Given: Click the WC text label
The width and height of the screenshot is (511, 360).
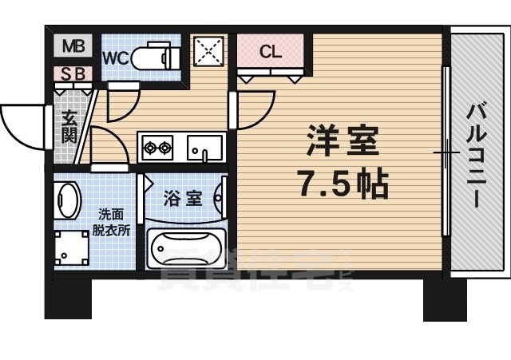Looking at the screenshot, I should point(117,57).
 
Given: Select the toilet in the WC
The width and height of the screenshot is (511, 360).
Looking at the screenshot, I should point(152,57).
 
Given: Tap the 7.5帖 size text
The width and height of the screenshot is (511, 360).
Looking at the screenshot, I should point(343,184).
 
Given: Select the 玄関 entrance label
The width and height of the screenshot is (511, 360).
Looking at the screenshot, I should point(69,126).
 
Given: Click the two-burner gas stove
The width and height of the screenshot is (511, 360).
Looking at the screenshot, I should point(157,147).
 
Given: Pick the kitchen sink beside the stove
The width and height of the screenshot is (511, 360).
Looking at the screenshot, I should point(205,147).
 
